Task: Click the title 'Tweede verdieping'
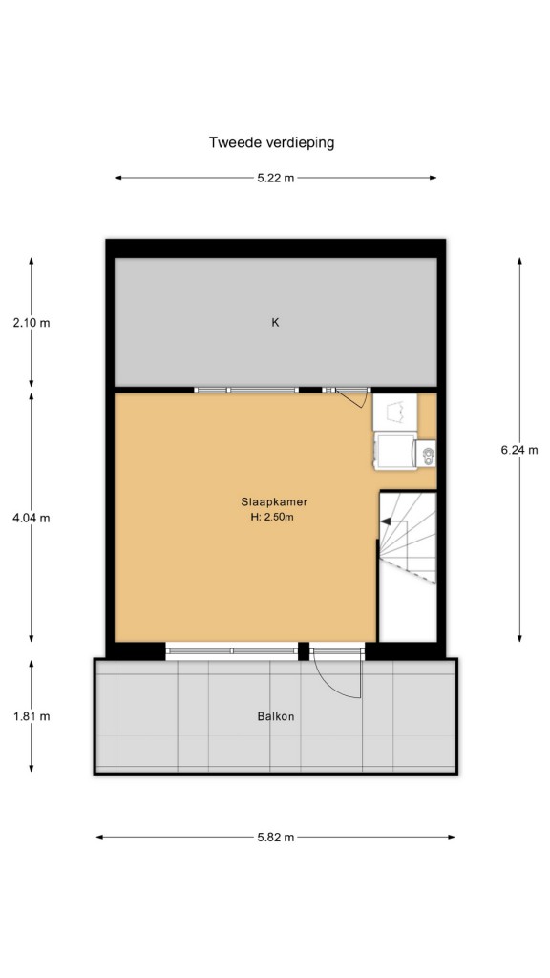point(271,143)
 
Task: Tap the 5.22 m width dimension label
point(276,178)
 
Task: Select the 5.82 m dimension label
point(276,837)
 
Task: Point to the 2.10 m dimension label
point(32,323)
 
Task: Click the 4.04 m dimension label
point(32,517)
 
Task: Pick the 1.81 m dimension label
point(32,716)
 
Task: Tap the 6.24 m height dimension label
point(518,450)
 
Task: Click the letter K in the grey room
point(275,323)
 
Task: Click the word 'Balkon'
point(276,716)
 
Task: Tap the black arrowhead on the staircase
point(386,521)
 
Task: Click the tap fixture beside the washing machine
point(428,454)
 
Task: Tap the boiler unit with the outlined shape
point(394,412)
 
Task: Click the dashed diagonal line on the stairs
point(407,569)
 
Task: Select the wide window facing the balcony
point(232,650)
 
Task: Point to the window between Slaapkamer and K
point(245,390)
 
